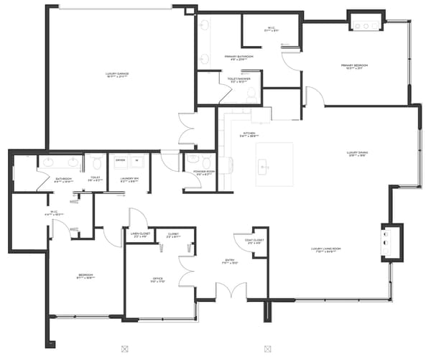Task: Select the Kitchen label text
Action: tap(249, 134)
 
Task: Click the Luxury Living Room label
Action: tap(325, 250)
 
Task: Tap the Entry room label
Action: tap(228, 262)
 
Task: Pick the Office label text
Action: tap(158, 279)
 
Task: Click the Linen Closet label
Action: tap(139, 235)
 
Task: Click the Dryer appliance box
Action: tap(120, 160)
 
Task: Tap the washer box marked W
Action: tap(136, 160)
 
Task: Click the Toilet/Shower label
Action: tap(238, 80)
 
